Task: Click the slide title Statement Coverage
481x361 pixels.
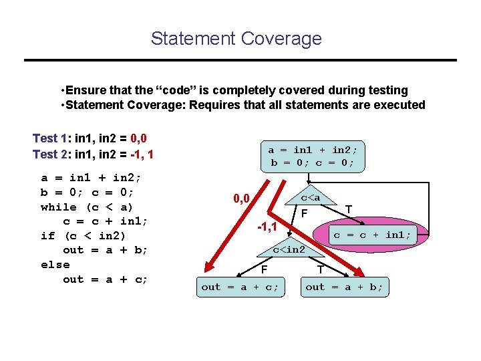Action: tap(236, 39)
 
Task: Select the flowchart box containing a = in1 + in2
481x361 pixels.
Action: tap(312, 156)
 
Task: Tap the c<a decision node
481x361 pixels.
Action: tap(310, 198)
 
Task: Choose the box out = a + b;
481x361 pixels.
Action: tap(344, 287)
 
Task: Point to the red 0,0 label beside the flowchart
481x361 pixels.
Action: tap(241, 199)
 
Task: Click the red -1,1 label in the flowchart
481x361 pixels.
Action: tap(268, 227)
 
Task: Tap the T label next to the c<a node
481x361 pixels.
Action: tap(349, 209)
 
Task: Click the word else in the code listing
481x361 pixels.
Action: tap(55, 265)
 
